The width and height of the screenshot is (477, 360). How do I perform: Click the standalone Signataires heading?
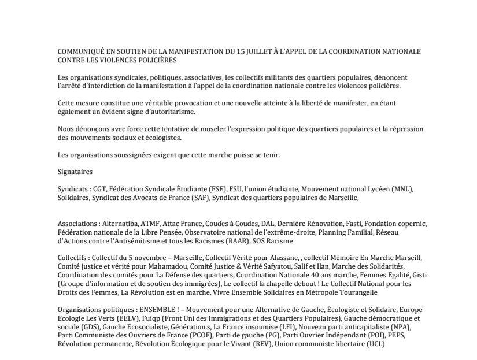tap(75, 172)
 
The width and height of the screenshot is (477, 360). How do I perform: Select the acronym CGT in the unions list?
tap(100, 189)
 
